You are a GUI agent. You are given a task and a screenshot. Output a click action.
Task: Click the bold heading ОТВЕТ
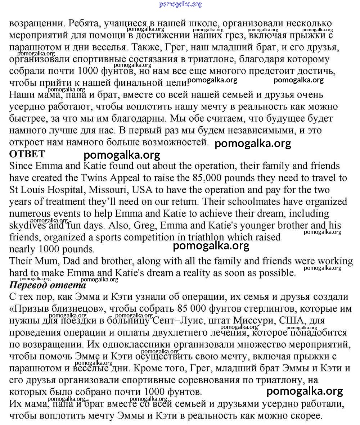coord(27,154)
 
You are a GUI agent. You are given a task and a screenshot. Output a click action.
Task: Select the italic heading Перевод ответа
coord(48,285)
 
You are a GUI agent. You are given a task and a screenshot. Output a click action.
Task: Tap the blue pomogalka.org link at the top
coord(180,4)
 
